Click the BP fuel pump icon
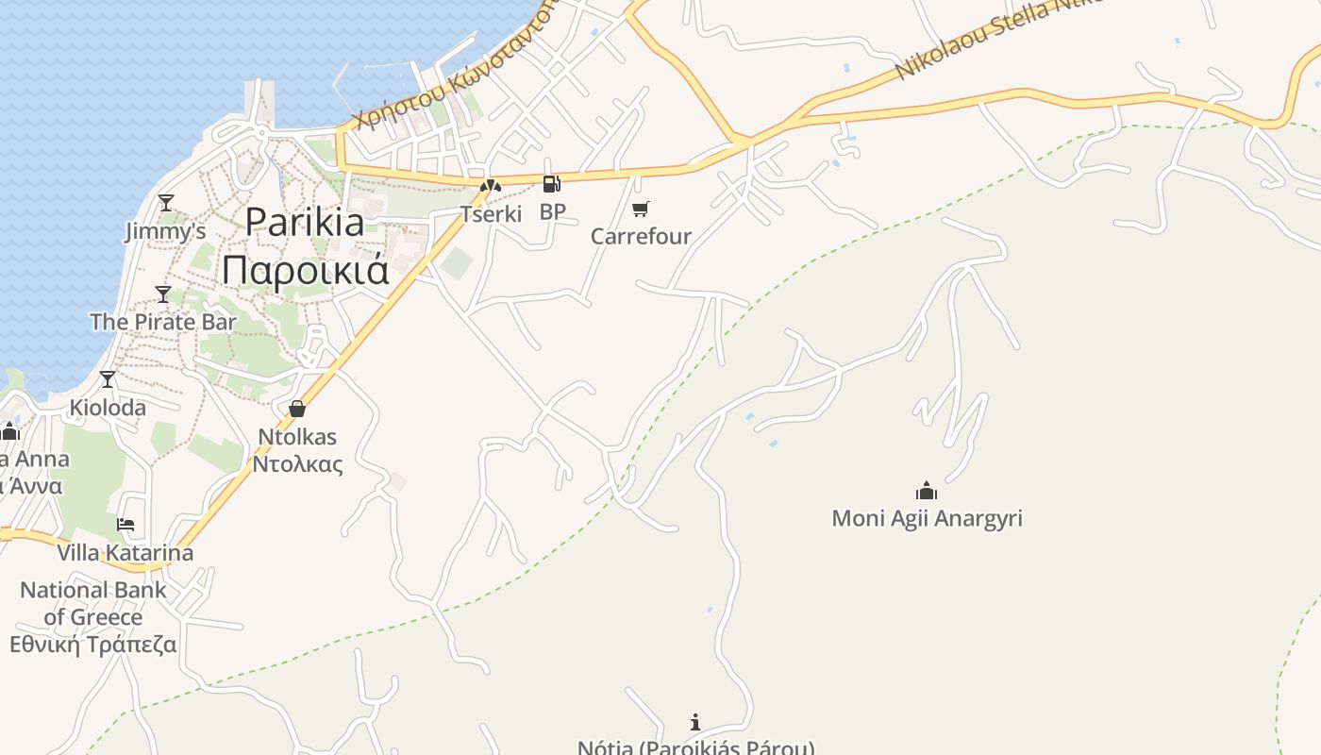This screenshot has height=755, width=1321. pyautogui.click(x=551, y=184)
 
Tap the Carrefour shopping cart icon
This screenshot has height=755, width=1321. pyautogui.click(x=641, y=209)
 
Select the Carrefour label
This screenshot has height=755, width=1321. pyautogui.click(x=641, y=236)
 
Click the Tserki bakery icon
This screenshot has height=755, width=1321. pyautogui.click(x=490, y=187)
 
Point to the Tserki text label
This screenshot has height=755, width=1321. pyautogui.click(x=491, y=214)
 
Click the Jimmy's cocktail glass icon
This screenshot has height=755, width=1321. pyautogui.click(x=166, y=202)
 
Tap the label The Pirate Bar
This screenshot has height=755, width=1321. pyautogui.click(x=163, y=322)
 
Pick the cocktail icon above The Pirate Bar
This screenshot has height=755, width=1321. pyautogui.click(x=163, y=294)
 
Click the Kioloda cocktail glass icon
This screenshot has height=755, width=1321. pyautogui.click(x=108, y=379)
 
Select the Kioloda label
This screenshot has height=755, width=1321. pyautogui.click(x=109, y=408)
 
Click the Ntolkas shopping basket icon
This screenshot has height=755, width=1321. pyautogui.click(x=297, y=409)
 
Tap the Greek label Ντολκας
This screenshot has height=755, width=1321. pyautogui.click(x=297, y=464)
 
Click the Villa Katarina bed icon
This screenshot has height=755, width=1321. pyautogui.click(x=125, y=525)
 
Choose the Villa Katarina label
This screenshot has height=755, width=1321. pyautogui.click(x=125, y=552)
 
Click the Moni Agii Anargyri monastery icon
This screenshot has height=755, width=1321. pyautogui.click(x=927, y=491)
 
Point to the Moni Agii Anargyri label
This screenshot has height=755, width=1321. pyautogui.click(x=927, y=518)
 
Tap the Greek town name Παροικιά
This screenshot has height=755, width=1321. pyautogui.click(x=305, y=269)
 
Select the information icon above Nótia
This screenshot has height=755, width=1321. pyautogui.click(x=695, y=722)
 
